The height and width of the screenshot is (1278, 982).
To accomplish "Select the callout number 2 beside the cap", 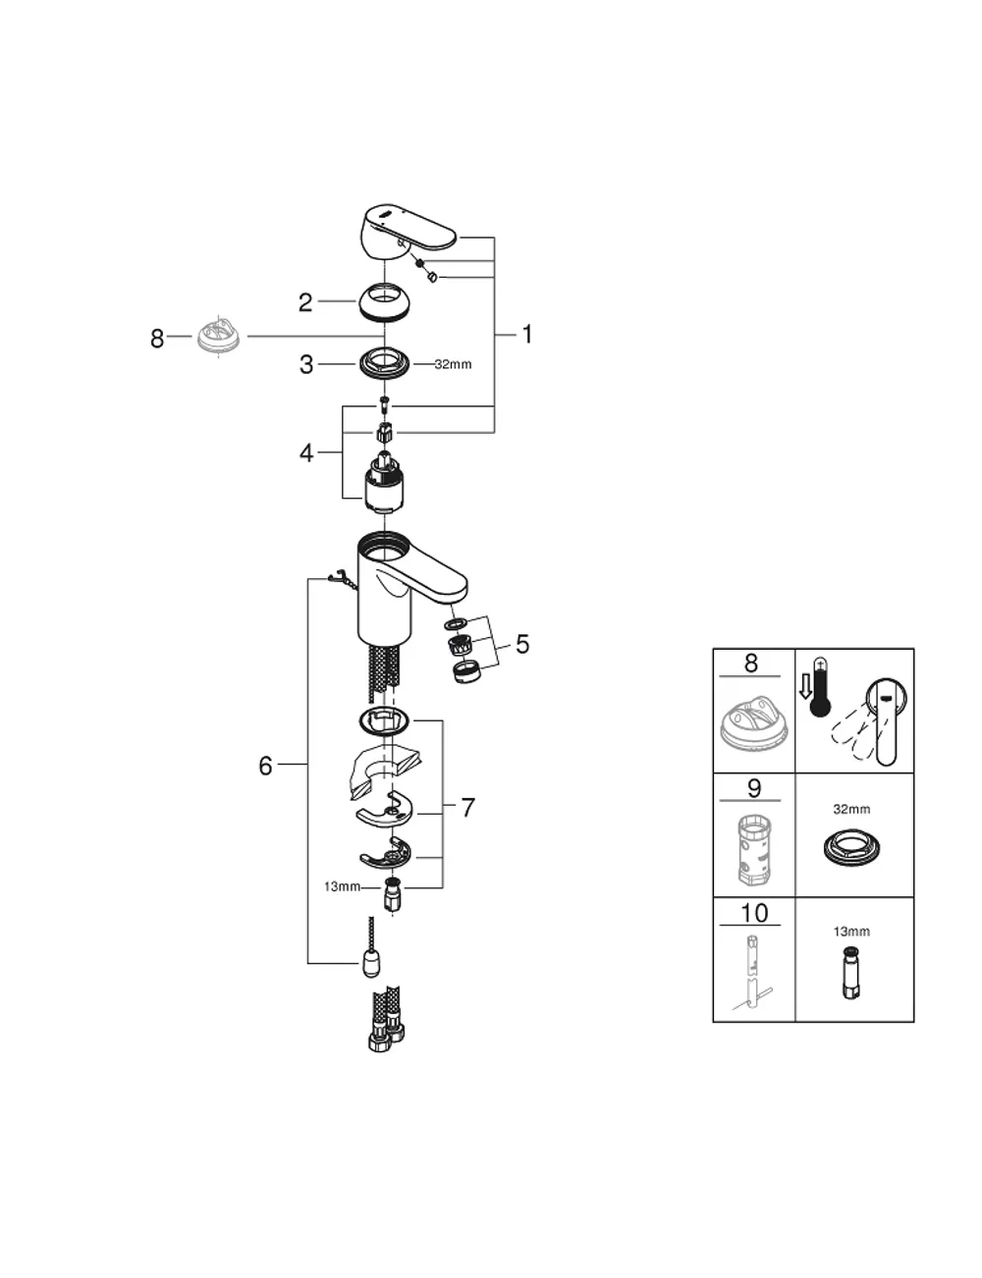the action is point(304,302).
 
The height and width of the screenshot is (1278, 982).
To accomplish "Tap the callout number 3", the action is point(306,364).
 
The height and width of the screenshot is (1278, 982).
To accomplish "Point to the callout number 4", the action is point(306,453).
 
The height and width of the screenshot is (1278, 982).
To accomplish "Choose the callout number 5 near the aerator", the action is point(521,644).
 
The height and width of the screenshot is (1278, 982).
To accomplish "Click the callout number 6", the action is point(265,766).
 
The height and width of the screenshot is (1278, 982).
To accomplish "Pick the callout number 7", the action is point(467,808).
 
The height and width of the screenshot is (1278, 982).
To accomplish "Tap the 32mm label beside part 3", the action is point(453,364).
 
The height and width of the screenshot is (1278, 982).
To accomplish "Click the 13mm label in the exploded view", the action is point(342,886).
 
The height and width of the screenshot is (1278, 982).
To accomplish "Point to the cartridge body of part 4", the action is point(384,481).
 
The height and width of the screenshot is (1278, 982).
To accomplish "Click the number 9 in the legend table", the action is point(754,788).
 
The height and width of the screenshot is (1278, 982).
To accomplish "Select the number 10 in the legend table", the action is point(754,913).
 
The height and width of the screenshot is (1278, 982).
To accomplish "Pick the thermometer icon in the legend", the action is point(820,687).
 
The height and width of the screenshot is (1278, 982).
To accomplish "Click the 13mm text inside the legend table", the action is point(851,932).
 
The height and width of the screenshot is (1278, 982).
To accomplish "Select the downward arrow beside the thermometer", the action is point(804,687).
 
